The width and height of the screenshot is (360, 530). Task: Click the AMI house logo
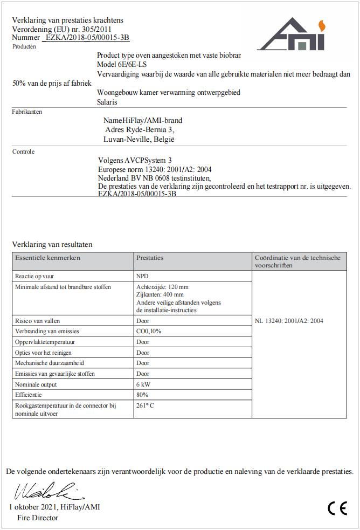tap(290, 36)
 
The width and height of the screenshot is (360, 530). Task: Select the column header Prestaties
tap(150, 258)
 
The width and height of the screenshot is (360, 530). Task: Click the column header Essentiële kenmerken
tap(47, 258)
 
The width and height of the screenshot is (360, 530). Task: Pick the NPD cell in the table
tap(142, 276)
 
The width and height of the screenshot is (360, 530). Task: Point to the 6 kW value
tap(143, 384)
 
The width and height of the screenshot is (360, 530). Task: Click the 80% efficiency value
tap(142, 395)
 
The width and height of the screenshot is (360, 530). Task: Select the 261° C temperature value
tap(145, 405)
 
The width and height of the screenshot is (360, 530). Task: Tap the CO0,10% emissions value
tap(149, 332)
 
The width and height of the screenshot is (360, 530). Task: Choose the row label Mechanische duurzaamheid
tap(50, 363)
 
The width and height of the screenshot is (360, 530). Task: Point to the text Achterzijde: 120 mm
tap(162, 287)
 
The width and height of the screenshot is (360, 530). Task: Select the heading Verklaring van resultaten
tap(52, 244)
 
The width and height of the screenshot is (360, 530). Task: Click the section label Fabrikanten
tap(27, 112)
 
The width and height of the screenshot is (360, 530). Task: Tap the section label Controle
tap(23, 152)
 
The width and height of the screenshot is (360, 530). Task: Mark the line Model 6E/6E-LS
tap(123, 64)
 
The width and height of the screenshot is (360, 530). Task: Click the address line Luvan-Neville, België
tap(139, 139)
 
